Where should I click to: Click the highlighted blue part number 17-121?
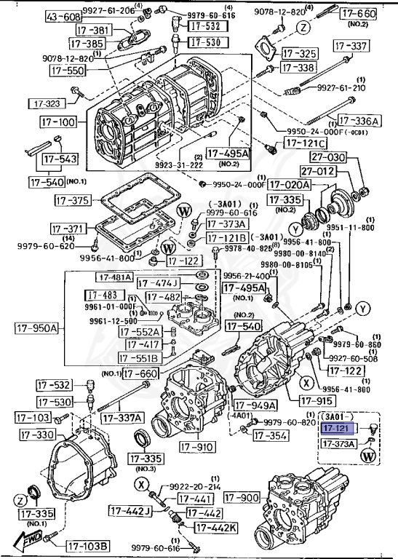click(336, 428)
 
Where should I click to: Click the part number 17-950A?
click(36, 328)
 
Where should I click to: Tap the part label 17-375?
click(71, 200)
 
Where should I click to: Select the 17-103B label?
click(88, 546)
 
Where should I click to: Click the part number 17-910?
click(196, 445)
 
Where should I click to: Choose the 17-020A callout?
click(290, 185)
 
